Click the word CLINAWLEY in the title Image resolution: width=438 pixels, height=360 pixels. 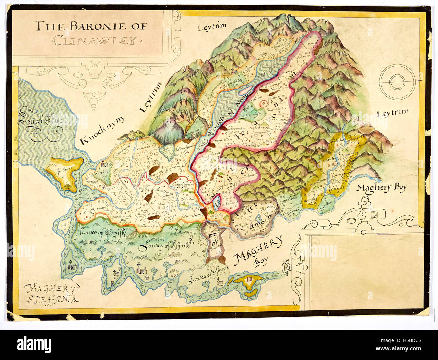point(95,41)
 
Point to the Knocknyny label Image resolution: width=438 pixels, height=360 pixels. point(102,130)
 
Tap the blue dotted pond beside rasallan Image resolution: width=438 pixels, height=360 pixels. point(217,203)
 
